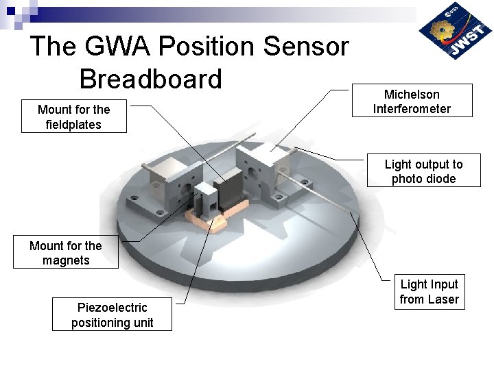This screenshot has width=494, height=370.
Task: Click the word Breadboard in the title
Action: (151, 79)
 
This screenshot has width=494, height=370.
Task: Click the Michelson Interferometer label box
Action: (412, 101)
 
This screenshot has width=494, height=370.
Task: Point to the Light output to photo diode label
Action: (423, 171)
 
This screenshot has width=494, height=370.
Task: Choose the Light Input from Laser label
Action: (429, 291)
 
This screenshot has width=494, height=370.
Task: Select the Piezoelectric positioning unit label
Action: (112, 315)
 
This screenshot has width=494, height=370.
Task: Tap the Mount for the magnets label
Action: (66, 253)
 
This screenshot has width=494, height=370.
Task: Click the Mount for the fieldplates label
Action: (73, 116)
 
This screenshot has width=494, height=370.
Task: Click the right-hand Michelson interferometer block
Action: (264, 171)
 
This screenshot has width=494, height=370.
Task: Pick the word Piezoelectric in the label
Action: (112, 308)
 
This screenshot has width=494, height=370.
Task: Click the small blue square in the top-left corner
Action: (10, 10)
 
